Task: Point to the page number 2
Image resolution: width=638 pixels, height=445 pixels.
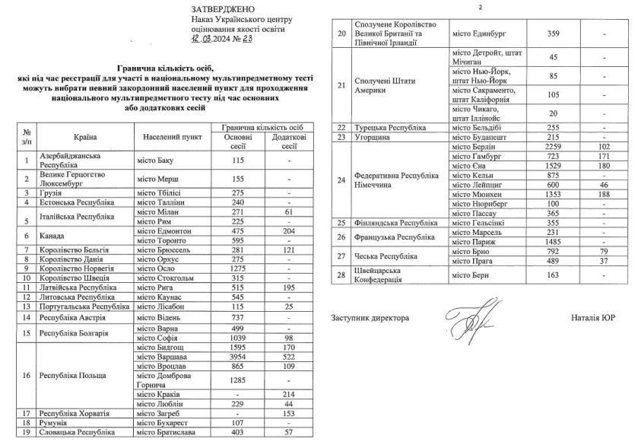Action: click(x=481, y=7)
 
